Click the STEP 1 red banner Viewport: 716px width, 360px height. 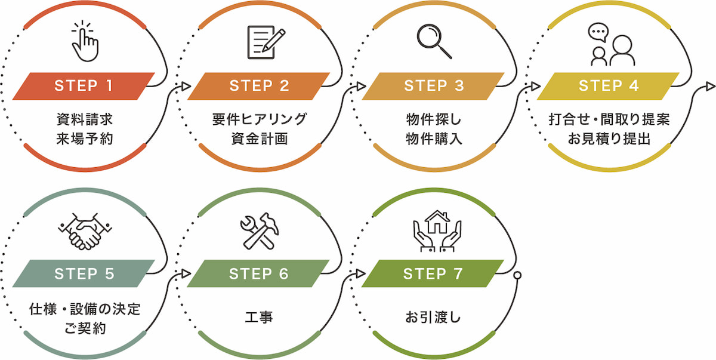(84, 86)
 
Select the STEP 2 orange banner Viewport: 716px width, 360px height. (258, 86)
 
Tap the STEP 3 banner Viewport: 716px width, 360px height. (433, 86)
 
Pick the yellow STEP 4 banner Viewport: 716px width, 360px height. (608, 86)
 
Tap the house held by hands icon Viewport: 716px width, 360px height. (437, 230)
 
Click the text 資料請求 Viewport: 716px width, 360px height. (84, 119)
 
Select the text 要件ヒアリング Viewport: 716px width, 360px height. (259, 119)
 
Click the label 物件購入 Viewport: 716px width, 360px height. (433, 139)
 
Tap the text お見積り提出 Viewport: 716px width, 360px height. (609, 139)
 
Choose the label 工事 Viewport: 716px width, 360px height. (259, 317)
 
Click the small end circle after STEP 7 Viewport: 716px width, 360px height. (517, 275)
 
